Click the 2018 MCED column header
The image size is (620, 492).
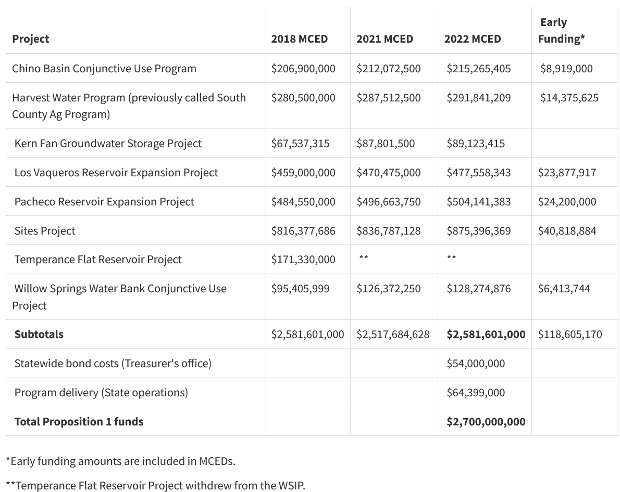300,38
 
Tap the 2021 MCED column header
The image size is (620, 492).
385,38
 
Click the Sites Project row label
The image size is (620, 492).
45,230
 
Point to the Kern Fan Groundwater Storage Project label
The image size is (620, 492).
108,144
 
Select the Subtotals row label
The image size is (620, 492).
39,334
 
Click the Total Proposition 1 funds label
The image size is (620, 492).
79,421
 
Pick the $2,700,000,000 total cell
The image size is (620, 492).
486,421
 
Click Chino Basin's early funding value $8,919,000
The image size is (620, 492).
566,68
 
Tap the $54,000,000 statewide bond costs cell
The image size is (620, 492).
476,363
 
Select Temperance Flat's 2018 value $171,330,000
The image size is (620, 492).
303,260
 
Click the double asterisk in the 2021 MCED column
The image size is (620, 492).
364,257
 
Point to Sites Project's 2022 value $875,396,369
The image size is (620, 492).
478,230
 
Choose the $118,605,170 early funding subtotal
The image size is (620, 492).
570,334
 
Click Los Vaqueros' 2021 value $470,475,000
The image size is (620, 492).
389,173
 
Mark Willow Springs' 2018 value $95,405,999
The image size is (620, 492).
300,289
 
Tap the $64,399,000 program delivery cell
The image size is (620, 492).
476,393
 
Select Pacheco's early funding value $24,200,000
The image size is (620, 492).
567,202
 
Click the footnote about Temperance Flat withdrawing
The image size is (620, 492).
155,485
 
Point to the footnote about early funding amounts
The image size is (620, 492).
120,461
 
